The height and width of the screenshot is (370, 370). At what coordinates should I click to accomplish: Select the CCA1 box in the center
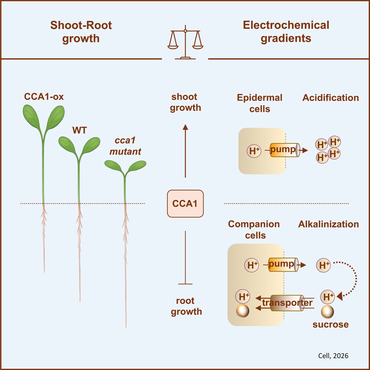(185, 204)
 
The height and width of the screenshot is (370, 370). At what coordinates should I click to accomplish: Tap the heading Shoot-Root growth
(81, 32)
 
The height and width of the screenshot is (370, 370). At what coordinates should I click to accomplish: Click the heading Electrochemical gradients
(286, 32)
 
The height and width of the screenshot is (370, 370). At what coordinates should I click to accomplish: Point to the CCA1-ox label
(44, 97)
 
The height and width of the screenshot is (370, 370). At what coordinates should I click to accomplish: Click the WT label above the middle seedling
(79, 130)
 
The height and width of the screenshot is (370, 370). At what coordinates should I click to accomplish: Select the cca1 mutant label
(125, 146)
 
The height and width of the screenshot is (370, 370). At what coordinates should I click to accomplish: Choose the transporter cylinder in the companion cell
(287, 303)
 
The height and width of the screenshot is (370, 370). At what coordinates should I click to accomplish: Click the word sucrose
(330, 325)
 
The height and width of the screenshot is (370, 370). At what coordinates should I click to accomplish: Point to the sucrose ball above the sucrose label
(327, 311)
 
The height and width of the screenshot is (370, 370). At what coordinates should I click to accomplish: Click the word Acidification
(331, 98)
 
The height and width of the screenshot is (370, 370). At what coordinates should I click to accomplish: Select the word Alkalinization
(328, 224)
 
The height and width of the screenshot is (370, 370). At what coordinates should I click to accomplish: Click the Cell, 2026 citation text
(333, 356)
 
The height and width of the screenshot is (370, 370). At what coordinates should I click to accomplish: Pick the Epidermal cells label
(259, 103)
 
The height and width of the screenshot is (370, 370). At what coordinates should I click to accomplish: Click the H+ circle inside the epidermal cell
(254, 151)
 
